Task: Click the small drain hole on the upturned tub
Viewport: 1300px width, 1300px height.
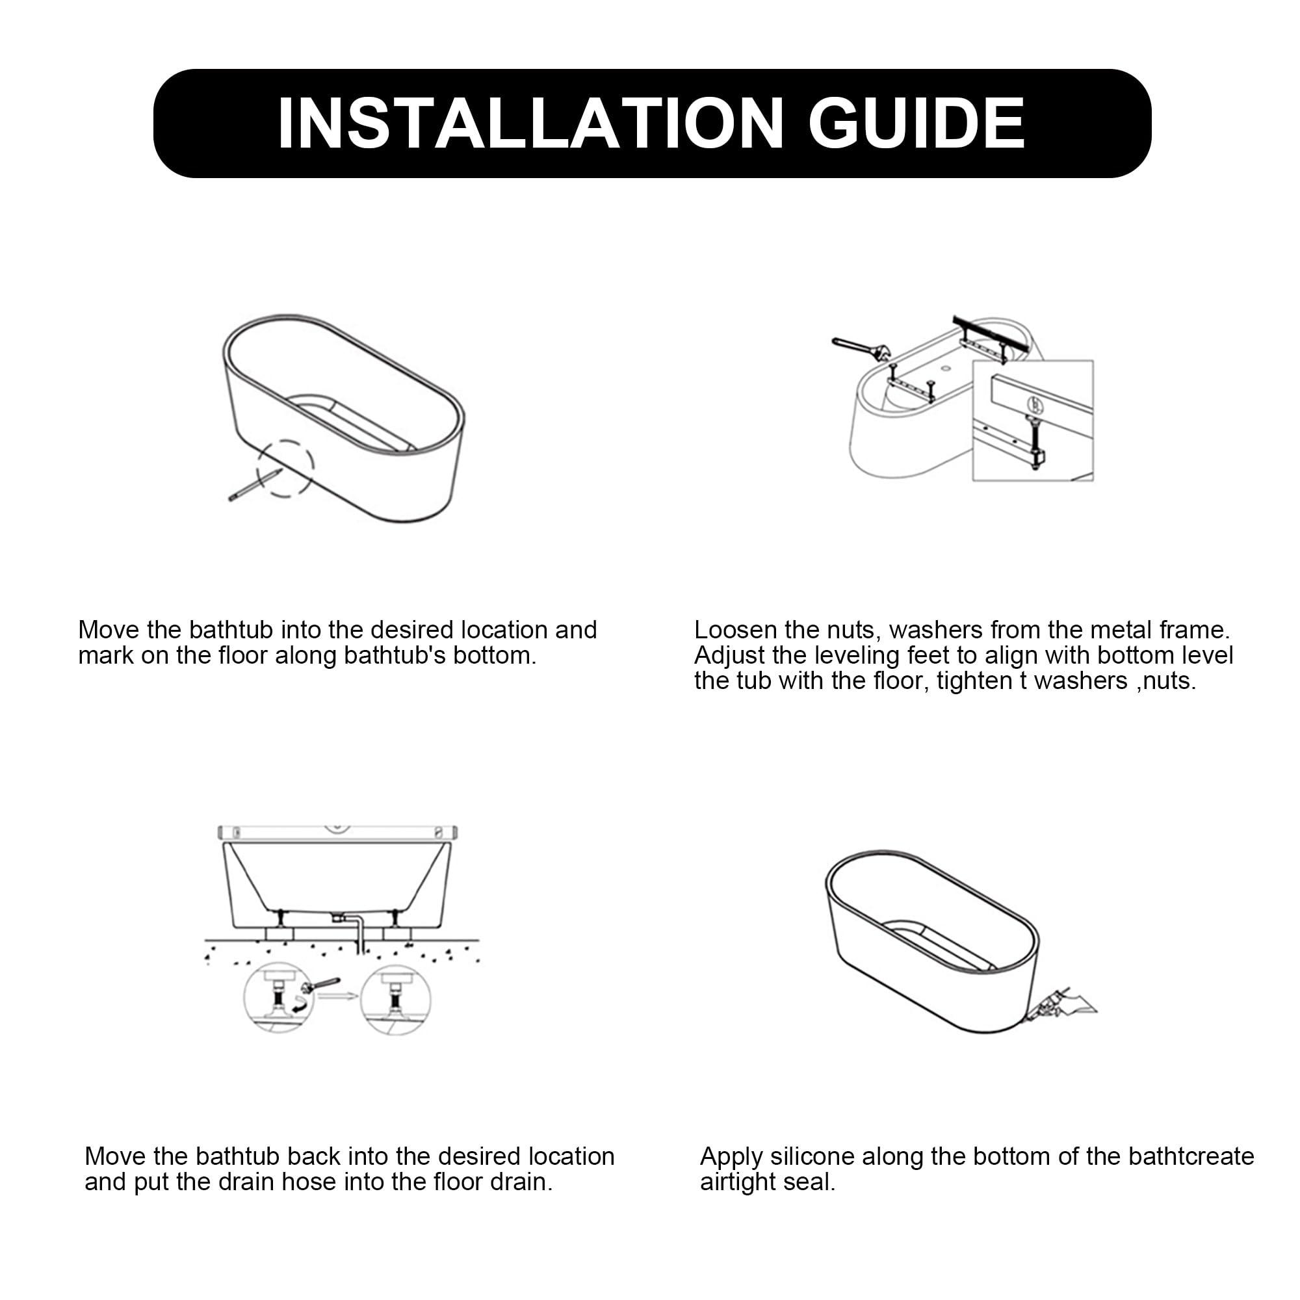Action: point(945,369)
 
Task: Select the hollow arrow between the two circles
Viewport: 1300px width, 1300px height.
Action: point(339,995)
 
